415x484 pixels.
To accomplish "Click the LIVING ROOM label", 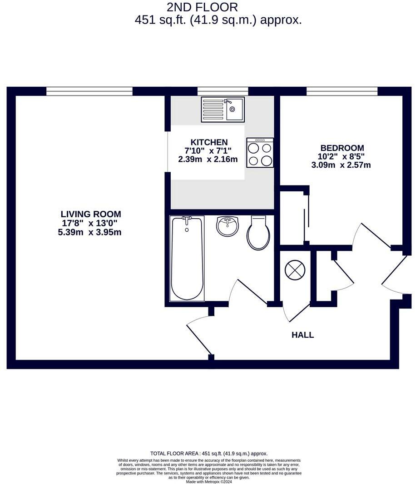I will coord(91,214).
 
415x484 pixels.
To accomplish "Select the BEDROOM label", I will coord(342,148).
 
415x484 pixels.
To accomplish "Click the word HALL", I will coord(302,335).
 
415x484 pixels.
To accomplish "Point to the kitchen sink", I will coord(222,109).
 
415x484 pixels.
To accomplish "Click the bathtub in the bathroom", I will coord(187,258).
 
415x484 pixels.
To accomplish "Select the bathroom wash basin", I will coord(227,226).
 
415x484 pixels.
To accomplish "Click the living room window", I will coord(89,91).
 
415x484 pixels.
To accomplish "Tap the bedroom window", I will coord(342,91).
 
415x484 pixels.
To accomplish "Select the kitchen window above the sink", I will coord(222,91).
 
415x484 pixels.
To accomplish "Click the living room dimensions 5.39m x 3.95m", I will coord(91,232).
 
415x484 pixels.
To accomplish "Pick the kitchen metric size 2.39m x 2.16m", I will coord(208,160).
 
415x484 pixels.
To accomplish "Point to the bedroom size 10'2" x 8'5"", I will coord(341,156).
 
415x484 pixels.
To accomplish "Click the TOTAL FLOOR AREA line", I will coord(209,454).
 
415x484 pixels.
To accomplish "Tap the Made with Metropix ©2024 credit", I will coord(209,481).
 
